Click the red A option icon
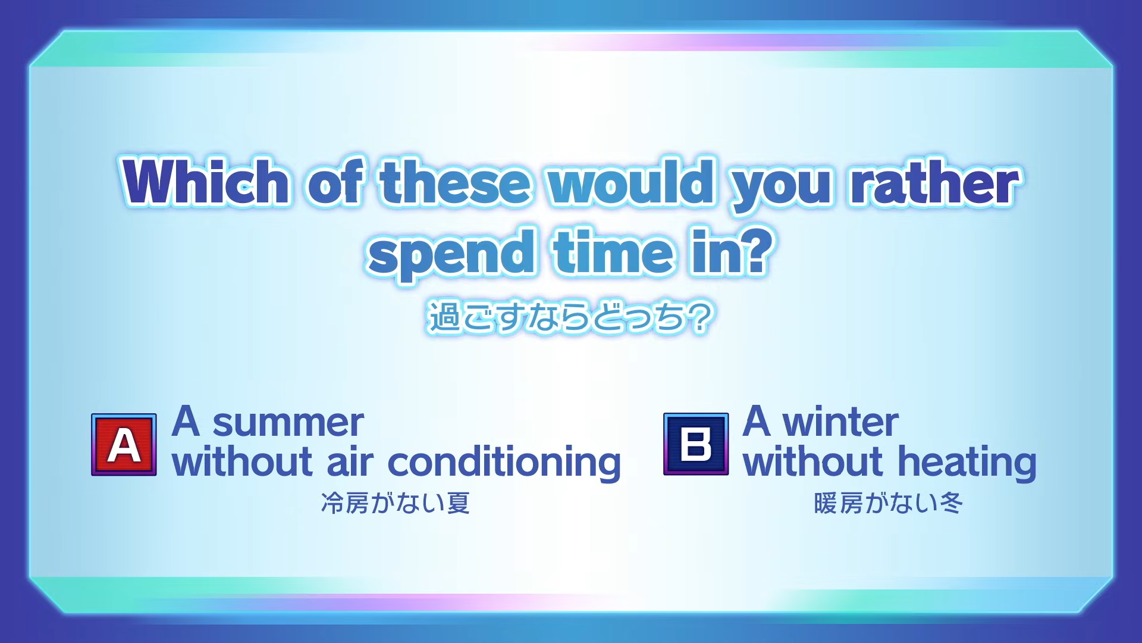[124, 445]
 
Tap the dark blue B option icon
[696, 444]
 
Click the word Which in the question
[206, 181]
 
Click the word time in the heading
[613, 252]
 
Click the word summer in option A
[288, 423]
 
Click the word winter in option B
[840, 422]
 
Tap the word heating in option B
[967, 463]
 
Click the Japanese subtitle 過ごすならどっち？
[570, 317]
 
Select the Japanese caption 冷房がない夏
[396, 503]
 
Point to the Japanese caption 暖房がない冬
[889, 503]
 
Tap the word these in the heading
[455, 182]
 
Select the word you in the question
[782, 186]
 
